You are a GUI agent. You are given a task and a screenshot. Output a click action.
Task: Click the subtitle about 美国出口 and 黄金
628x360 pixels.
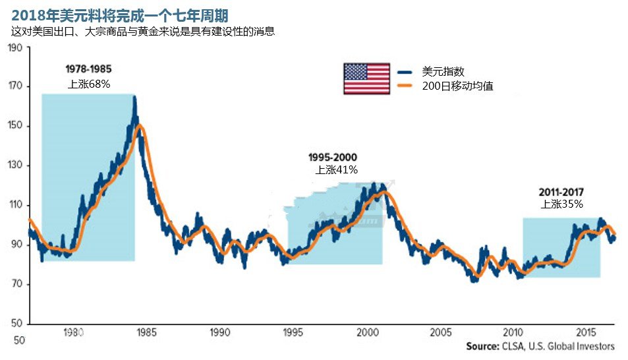(142, 31)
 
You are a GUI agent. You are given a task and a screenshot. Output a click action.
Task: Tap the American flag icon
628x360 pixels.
(366, 78)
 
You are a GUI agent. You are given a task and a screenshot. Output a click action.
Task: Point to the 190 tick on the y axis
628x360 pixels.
(15, 48)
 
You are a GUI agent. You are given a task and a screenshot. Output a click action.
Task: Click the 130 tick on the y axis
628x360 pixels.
(15, 165)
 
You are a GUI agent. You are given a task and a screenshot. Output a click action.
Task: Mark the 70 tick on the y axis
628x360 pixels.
(16, 284)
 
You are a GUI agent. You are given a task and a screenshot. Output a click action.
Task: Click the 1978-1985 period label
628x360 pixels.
(88, 69)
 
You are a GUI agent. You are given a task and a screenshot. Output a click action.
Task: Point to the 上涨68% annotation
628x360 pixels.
(89, 84)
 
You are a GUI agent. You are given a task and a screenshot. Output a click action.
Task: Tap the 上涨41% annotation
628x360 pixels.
(337, 169)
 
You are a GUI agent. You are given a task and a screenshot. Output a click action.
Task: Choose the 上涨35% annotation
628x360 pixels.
(562, 204)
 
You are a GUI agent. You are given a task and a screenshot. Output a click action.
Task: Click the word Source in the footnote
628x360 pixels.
(483, 346)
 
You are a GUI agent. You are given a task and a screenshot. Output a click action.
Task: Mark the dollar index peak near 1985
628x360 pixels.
(134, 98)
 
